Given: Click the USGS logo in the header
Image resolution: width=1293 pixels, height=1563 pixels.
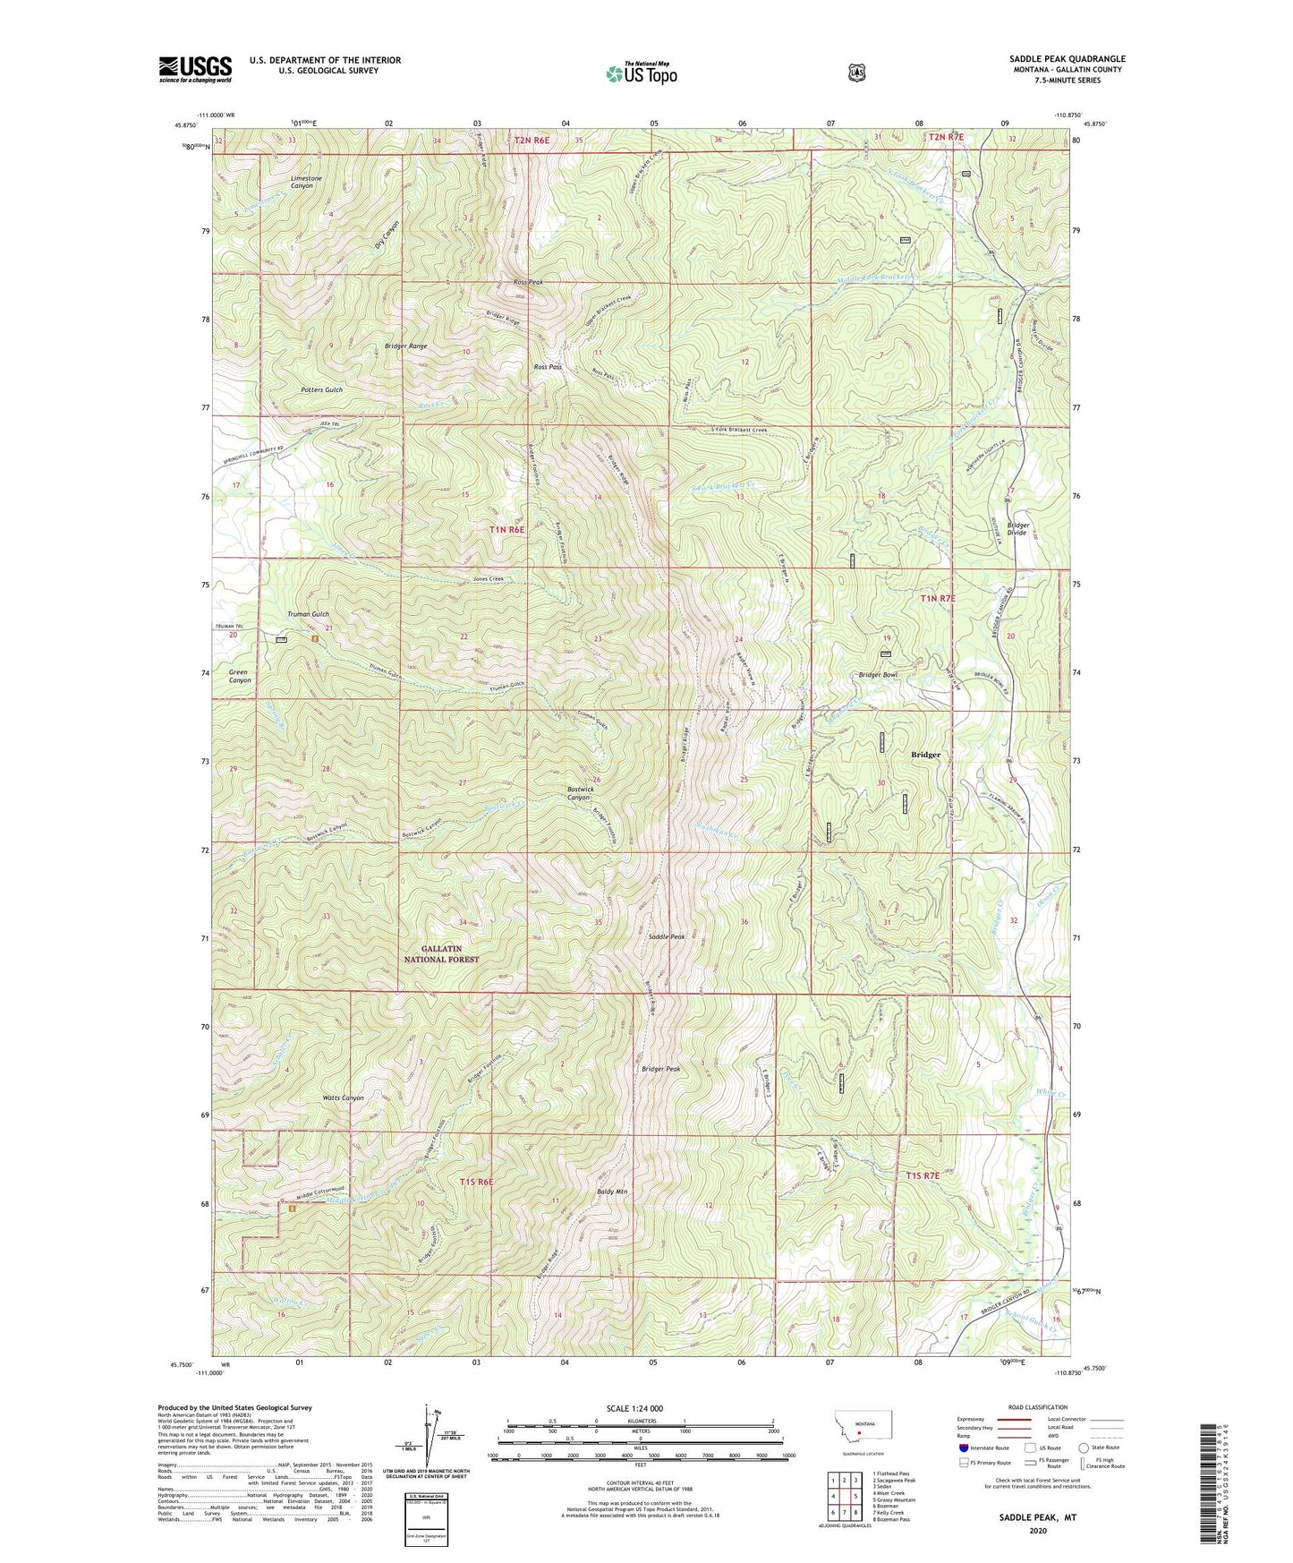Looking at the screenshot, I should pos(195,69).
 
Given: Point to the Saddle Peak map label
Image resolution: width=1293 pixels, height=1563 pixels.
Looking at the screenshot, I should pos(666,936).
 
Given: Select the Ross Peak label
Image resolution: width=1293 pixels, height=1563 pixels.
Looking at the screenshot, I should pos(528,282).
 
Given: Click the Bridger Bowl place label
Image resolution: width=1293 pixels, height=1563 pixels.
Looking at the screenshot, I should pos(877,675).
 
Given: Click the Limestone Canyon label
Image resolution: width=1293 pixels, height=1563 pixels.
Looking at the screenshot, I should pos(302,182).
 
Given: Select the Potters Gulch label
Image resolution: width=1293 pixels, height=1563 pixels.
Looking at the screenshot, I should pos(321,390).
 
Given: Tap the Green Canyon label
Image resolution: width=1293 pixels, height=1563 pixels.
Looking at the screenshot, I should pos(240,676).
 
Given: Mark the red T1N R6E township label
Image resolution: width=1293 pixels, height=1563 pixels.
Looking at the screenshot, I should pos(506,529).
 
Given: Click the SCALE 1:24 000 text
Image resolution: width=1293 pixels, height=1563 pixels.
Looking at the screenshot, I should pos(634,1408).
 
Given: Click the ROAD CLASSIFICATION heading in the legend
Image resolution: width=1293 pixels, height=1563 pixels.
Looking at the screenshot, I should pos(1037,1407).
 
